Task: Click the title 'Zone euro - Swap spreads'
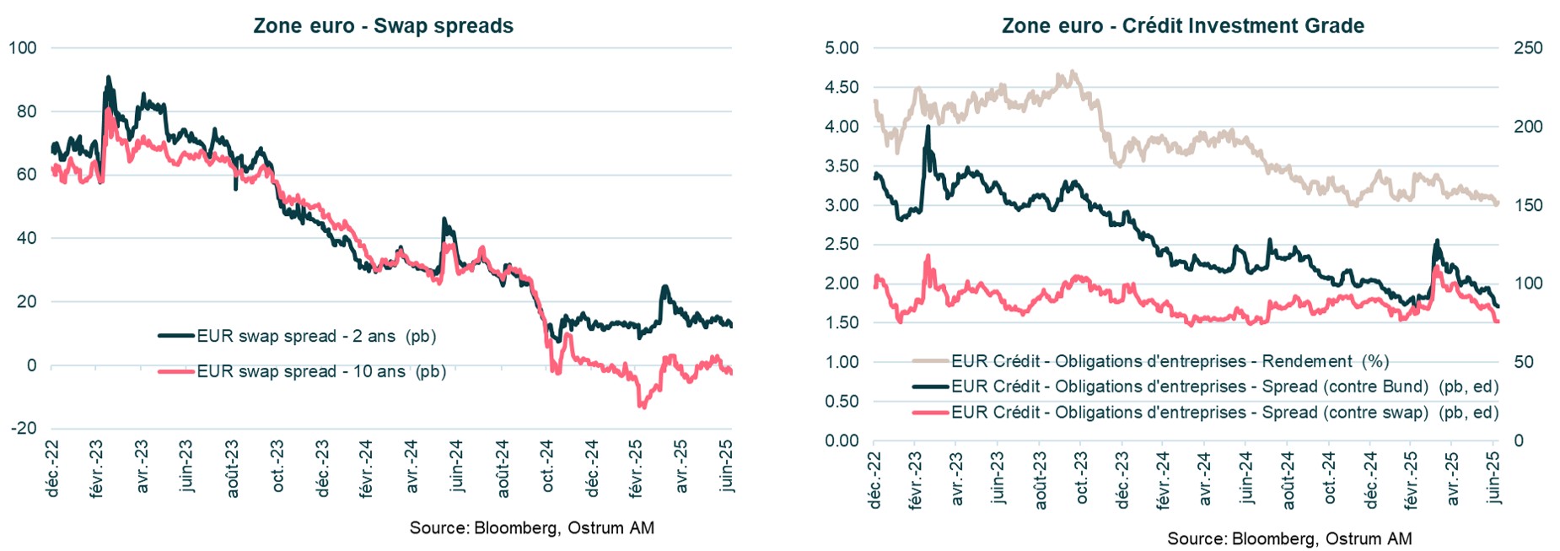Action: point(383,25)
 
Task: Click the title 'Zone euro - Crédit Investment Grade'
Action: point(1182,25)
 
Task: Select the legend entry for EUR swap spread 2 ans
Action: point(316,336)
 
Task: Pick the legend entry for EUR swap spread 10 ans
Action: point(320,371)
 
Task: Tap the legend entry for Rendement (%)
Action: point(1170,361)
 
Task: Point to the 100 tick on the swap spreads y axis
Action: point(23,48)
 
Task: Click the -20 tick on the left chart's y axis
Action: point(24,429)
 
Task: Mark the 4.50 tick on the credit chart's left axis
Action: point(841,88)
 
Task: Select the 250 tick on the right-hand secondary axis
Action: point(1528,48)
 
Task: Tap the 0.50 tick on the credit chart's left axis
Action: point(841,402)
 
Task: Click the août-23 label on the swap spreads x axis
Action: point(233,467)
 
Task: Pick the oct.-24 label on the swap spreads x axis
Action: point(547,466)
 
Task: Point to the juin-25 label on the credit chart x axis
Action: point(1494,478)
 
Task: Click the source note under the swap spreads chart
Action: point(531,528)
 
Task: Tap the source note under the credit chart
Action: point(1288,538)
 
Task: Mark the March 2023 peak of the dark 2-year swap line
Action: point(108,78)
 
